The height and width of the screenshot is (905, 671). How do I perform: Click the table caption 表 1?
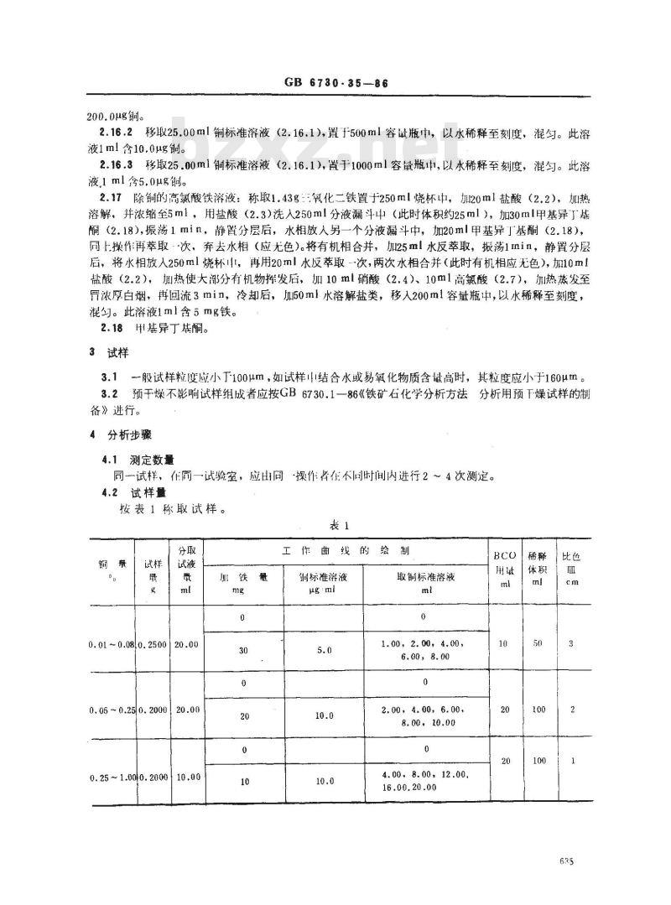tap(339, 525)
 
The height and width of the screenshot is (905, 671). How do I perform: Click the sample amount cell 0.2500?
tap(154, 644)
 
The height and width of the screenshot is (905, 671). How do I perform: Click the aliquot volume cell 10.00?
tap(188, 777)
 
